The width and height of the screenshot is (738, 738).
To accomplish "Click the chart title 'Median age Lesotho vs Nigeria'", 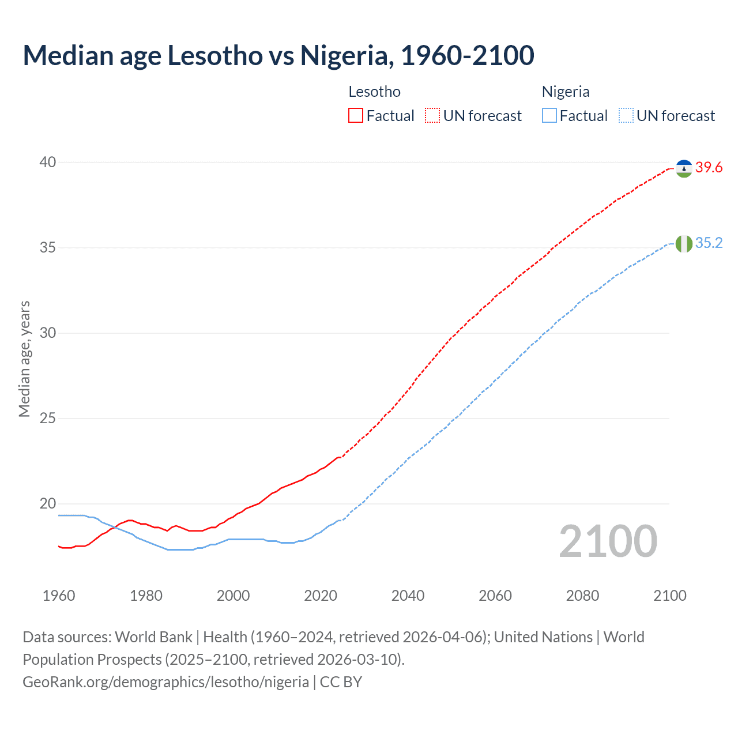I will (x=278, y=55).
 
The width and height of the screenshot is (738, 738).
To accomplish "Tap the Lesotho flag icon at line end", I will (x=684, y=168).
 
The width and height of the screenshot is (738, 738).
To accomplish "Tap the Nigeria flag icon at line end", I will (x=684, y=244).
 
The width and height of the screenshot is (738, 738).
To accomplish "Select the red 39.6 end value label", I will (x=709, y=168).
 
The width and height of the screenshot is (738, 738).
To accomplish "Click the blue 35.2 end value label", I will (x=709, y=243).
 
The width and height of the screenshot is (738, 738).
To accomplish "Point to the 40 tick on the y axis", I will (x=48, y=162).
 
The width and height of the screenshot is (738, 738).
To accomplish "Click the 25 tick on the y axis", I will (x=48, y=418).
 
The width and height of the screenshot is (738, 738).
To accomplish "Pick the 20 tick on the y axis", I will (x=48, y=503).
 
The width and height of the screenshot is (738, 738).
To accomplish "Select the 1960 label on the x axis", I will (x=59, y=596).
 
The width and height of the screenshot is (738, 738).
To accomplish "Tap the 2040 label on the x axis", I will (x=408, y=596).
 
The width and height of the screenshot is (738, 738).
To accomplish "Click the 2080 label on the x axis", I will (x=582, y=596).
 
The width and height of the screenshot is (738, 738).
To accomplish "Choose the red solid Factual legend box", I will (x=356, y=116).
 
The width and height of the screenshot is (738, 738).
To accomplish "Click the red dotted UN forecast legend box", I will (x=432, y=116).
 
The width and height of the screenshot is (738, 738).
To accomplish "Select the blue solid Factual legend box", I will (x=549, y=116).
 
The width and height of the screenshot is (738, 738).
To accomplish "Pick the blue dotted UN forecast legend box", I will (x=626, y=116).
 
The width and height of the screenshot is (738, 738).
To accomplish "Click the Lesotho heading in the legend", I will (x=374, y=92).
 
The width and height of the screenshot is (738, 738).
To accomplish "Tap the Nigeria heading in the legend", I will (x=566, y=92).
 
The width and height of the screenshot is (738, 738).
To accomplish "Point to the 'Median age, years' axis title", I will (x=24, y=359).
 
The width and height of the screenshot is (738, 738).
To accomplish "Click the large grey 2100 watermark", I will (x=608, y=541).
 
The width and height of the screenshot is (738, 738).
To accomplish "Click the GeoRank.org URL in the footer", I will (x=165, y=682).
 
